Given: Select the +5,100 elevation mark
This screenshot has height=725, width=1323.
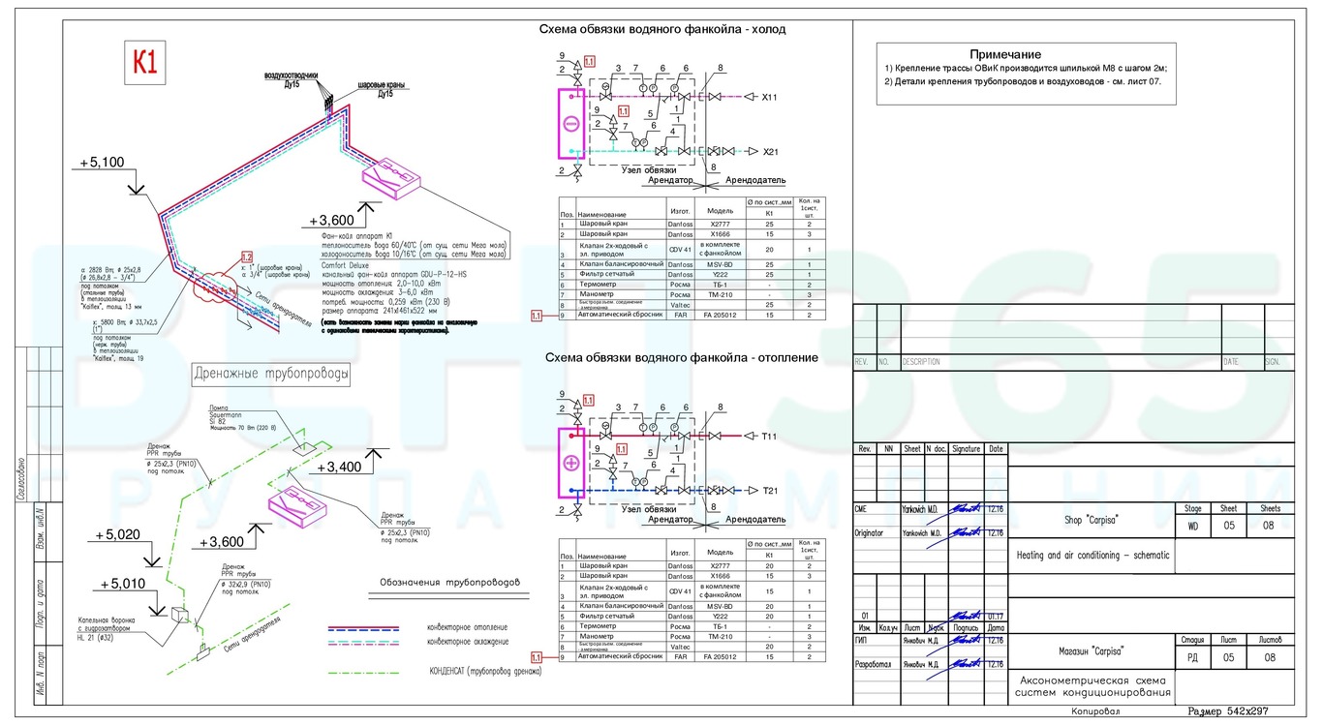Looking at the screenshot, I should point(101,162).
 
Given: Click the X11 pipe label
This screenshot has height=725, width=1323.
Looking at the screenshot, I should point(769,98).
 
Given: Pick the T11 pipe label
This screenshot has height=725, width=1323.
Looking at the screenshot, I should point(768,437).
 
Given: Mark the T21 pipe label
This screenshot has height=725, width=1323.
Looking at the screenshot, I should point(768,491).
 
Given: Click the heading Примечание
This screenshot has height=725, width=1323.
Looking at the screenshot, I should point(1005,54).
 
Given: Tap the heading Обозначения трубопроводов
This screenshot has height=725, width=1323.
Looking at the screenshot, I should point(446,584).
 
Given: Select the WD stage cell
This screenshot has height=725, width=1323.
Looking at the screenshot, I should point(1190,528).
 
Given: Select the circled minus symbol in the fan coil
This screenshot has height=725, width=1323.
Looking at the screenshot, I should point(571,124).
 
